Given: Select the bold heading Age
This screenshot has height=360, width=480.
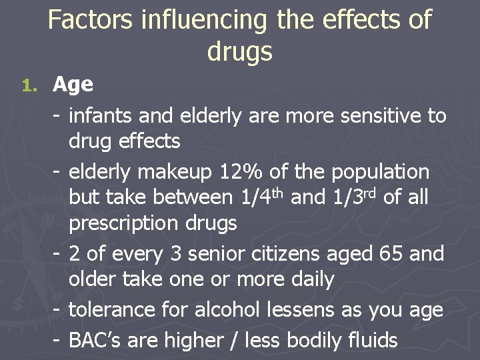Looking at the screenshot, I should coord(73,85).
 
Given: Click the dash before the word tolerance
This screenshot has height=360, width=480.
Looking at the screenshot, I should coord(57,309).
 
